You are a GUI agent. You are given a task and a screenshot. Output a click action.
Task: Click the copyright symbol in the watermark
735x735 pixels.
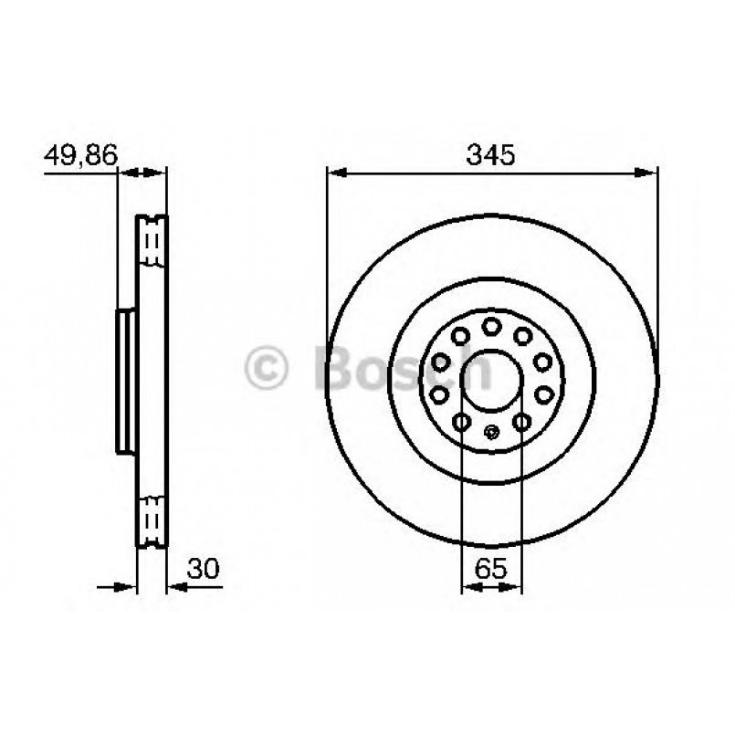[x=266, y=368]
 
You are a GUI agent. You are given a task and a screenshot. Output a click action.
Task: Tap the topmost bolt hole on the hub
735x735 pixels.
[x=491, y=326]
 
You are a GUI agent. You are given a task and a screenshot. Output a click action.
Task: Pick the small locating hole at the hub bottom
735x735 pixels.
[x=491, y=433]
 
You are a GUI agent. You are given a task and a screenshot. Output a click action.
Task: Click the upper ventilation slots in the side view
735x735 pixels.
[x=152, y=242]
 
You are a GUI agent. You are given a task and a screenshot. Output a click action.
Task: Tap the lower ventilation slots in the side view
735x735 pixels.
[x=152, y=520]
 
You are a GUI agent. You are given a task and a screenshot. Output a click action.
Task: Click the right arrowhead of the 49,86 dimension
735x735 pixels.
[x=159, y=171]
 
